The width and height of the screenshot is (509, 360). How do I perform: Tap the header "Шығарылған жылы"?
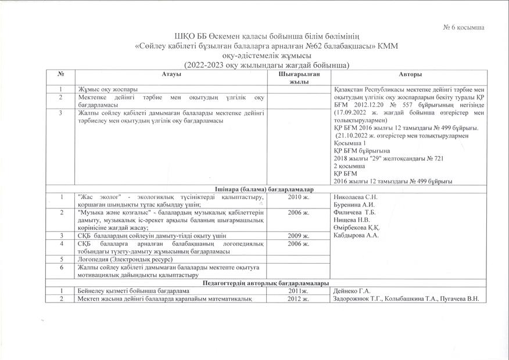[298, 78]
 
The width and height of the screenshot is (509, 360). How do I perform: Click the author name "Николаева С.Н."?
[355, 197]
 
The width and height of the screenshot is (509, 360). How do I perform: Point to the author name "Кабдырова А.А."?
[356, 236]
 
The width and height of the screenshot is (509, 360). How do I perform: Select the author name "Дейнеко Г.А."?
[351, 290]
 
